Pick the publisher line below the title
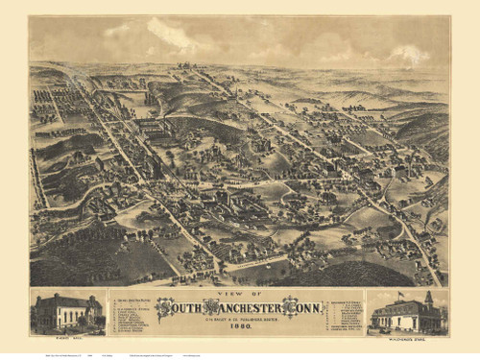pyautogui.click(x=240, y=317)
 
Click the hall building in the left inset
pyautogui.click(x=66, y=312)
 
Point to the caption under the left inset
pyautogui.click(x=66, y=337)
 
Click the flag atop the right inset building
pyautogui.click(x=398, y=295)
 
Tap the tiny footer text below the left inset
pyautogui.click(x=48, y=353)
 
